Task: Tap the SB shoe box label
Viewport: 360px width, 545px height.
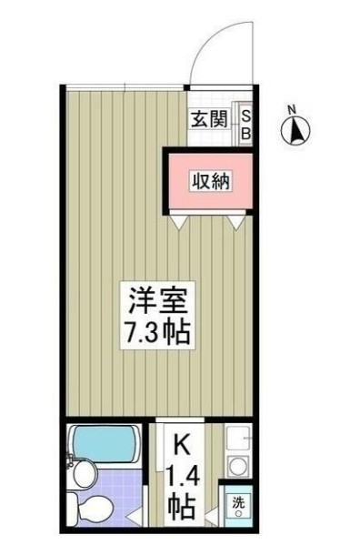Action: (x=245, y=123)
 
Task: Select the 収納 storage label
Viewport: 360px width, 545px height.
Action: (x=210, y=181)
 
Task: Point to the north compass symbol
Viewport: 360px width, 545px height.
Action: (x=296, y=134)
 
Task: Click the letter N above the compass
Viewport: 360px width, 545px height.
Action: (x=292, y=111)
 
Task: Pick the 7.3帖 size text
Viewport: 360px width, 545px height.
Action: (x=156, y=332)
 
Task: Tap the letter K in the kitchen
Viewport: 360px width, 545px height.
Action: (x=182, y=446)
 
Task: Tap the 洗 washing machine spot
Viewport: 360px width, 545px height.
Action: (x=237, y=505)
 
